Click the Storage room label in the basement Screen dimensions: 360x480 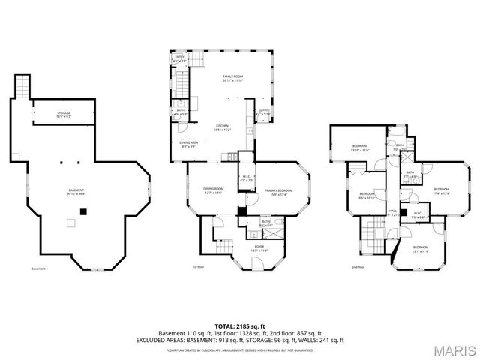[64, 115]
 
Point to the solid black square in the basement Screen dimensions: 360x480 [84, 211]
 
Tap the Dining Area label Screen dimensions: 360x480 [187, 145]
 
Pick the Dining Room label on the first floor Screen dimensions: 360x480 [214, 190]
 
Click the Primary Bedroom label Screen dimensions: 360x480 [278, 193]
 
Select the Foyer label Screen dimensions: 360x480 [259, 248]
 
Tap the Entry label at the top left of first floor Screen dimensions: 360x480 [180, 58]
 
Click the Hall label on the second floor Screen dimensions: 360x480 [392, 213]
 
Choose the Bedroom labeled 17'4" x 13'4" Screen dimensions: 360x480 [441, 191]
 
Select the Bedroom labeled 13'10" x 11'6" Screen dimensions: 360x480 [361, 148]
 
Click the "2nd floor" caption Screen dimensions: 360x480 [358, 266]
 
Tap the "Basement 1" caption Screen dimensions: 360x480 [40, 268]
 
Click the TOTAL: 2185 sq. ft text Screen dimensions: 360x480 [239, 326]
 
